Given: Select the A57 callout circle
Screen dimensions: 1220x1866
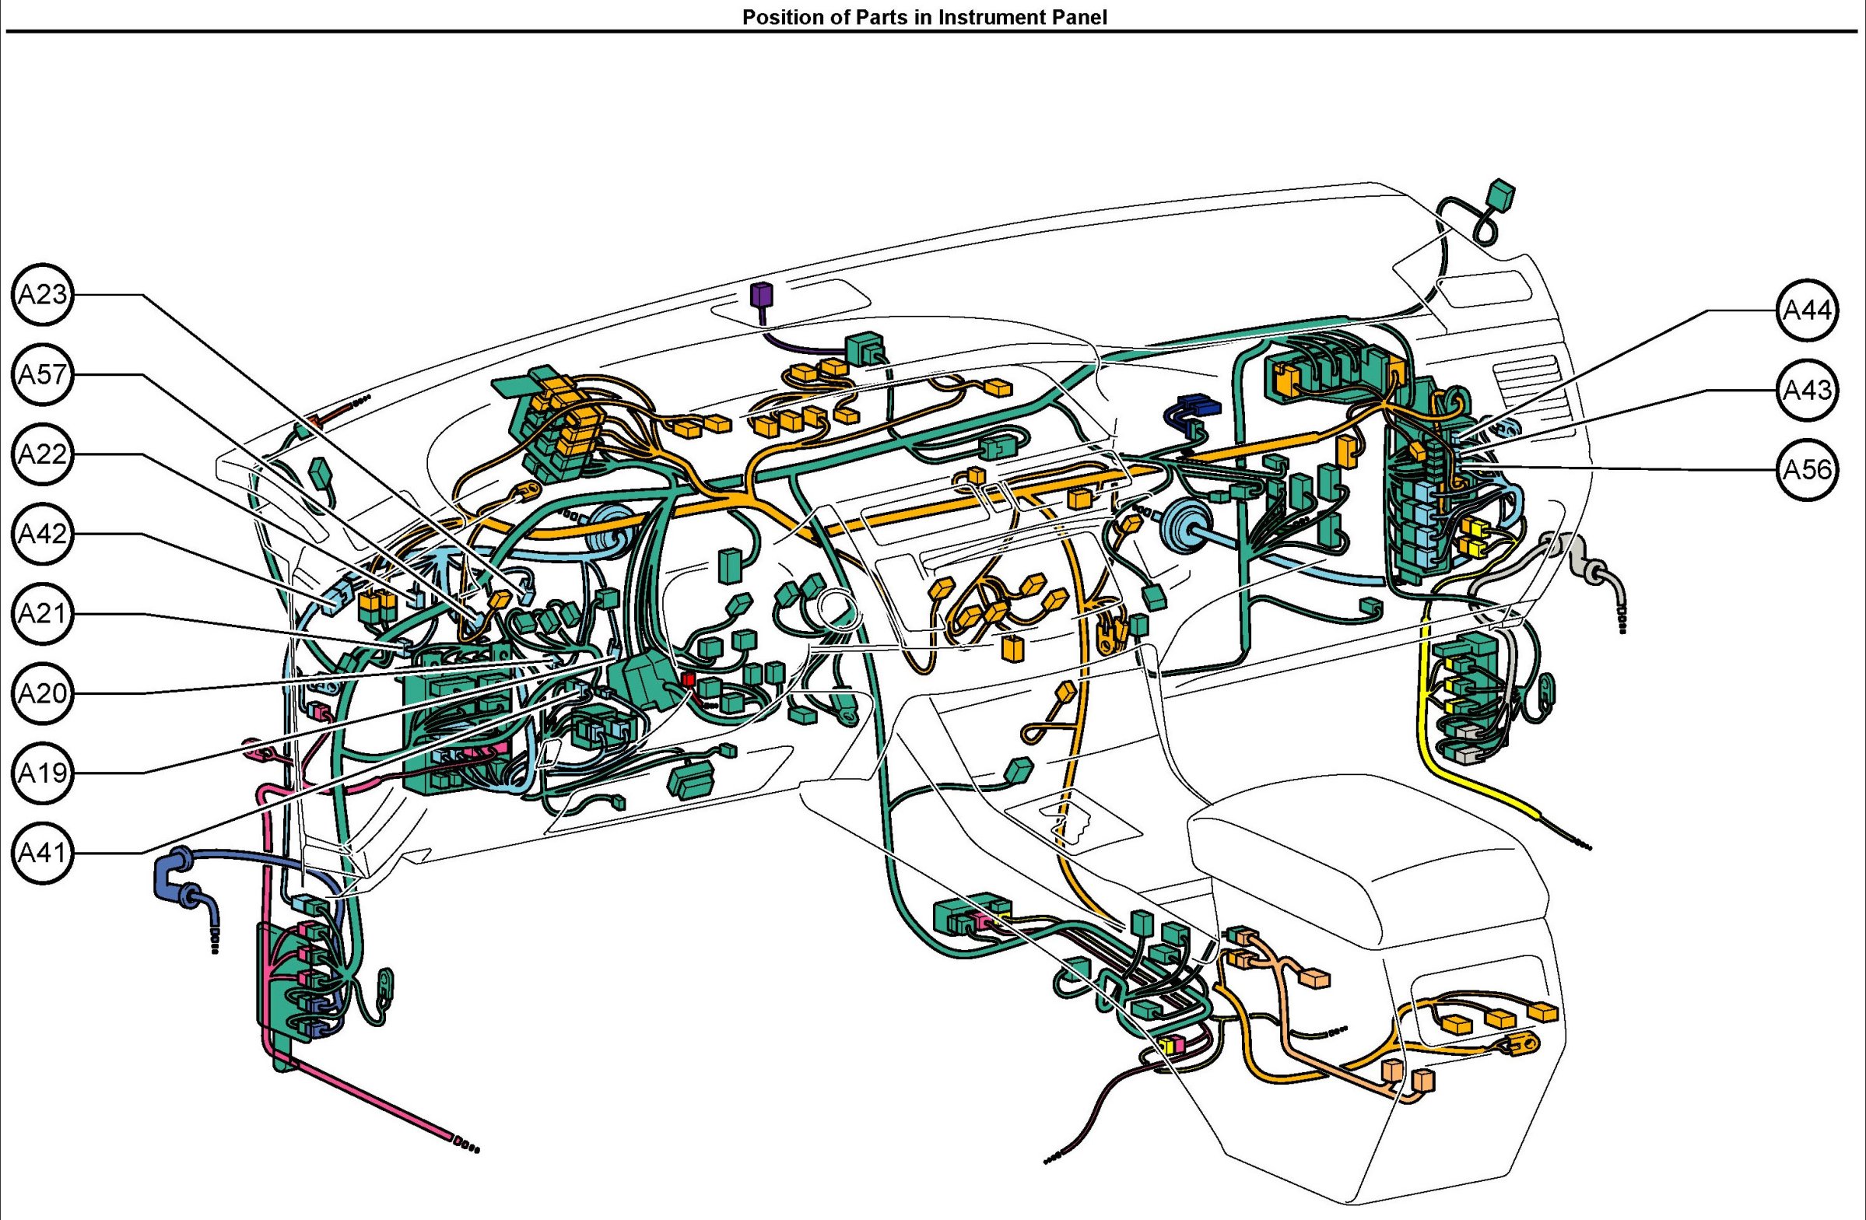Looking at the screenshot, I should tap(43, 375).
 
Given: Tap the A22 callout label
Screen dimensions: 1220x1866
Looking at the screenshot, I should tap(43, 454).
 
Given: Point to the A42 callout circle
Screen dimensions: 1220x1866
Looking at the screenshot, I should tap(43, 534).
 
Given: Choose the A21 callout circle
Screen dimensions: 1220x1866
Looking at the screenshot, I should tap(43, 614).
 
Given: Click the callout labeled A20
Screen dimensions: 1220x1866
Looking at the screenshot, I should tap(43, 694).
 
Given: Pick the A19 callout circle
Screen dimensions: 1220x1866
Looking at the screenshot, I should tap(43, 774).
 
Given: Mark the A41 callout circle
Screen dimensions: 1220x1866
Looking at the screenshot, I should tap(43, 853).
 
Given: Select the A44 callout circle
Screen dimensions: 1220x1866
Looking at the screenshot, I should tap(1807, 310).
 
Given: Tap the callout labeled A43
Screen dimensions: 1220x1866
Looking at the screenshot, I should tap(1807, 391).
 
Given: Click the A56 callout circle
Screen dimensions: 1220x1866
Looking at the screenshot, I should tap(1807, 471).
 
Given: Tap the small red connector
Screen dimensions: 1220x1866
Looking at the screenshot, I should tap(688, 679).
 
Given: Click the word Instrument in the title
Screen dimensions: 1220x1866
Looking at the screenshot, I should tap(984, 17).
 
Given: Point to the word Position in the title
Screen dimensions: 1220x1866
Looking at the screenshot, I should tap(776, 17).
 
